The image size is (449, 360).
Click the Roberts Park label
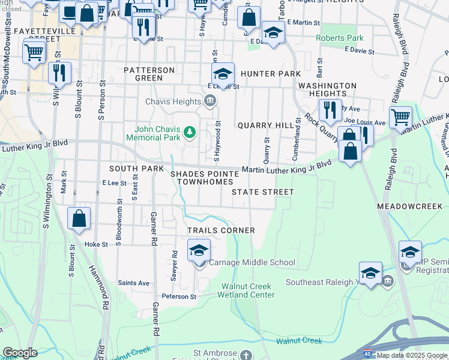[340, 38]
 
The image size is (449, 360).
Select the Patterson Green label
[149, 74]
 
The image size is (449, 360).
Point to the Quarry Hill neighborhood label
[265, 125]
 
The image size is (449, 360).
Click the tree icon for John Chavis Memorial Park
[190, 131]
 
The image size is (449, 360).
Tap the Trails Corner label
[221, 230]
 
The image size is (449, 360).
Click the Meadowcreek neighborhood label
[412, 206]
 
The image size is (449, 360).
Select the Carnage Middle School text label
[252, 262]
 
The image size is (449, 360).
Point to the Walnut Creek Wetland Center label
[248, 290]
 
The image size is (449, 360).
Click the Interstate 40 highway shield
[367, 355]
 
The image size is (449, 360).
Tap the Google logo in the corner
[20, 353]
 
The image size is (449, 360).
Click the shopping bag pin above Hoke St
[79, 219]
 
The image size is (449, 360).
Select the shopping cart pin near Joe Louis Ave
[400, 117]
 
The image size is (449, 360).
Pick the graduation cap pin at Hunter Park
[223, 74]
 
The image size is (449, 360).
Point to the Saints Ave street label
[133, 283]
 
